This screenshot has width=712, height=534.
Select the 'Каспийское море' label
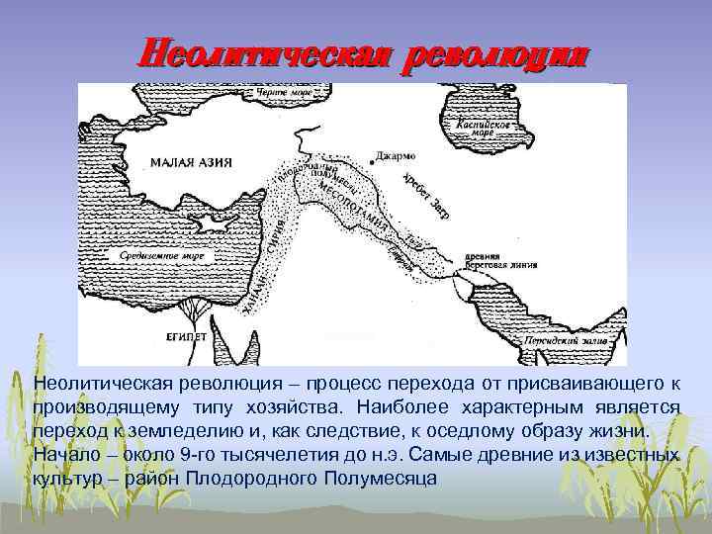point(484,131)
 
